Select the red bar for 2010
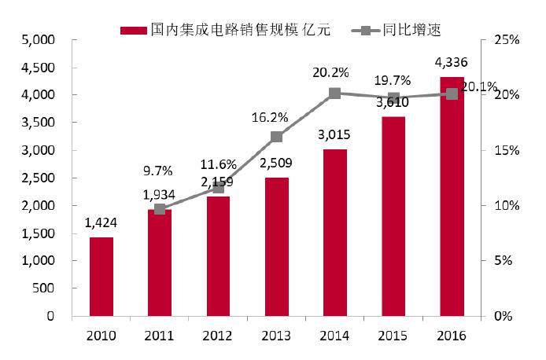tap(101, 277)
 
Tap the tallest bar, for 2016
tap(451, 197)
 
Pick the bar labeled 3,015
tap(334, 233)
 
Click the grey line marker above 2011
tap(159, 209)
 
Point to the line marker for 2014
tap(334, 94)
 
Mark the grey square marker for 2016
tap(452, 94)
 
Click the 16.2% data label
tap(270, 117)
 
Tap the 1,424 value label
tap(101, 223)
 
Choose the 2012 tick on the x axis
tap(217, 336)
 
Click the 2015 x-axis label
tap(393, 336)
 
